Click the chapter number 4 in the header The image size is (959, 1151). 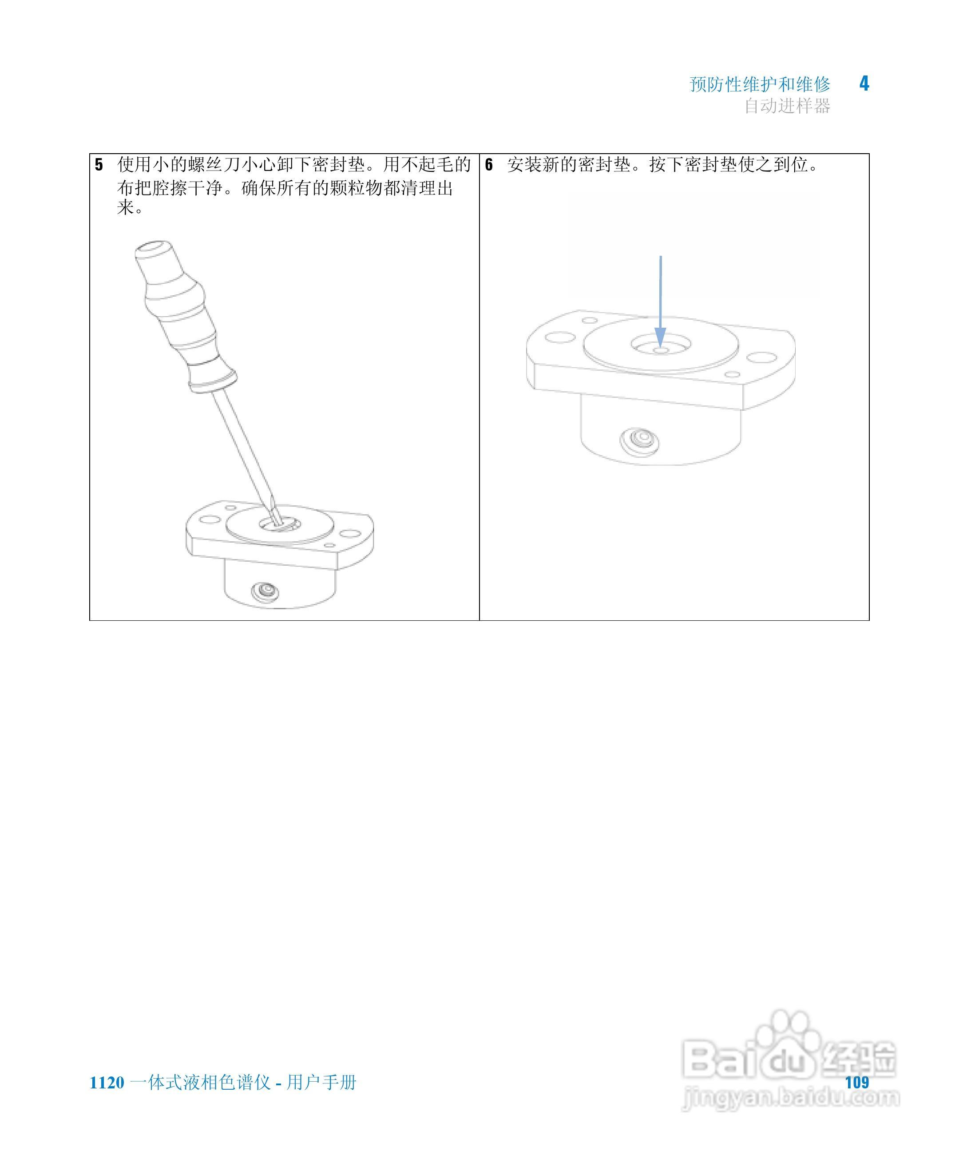(864, 84)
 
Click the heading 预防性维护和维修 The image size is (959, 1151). (760, 84)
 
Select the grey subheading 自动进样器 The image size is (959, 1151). (787, 106)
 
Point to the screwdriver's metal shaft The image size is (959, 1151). (241, 444)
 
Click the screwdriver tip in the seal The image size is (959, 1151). (277, 518)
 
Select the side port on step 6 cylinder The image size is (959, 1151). (639, 440)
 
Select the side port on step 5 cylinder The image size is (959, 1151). (265, 591)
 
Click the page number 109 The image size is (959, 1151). (857, 1083)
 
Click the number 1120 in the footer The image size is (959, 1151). (107, 1083)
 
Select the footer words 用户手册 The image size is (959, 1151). (322, 1083)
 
